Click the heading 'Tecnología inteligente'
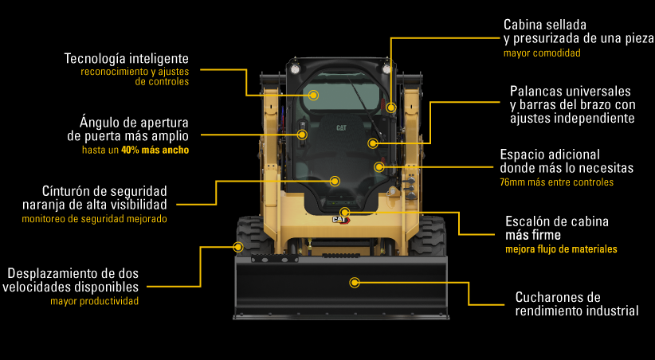pyautogui.click(x=126, y=59)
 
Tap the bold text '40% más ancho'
pyautogui.click(x=155, y=150)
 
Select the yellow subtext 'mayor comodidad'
pyautogui.click(x=542, y=53)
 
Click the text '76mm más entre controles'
pyautogui.click(x=557, y=182)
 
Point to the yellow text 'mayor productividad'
pyautogui.click(x=94, y=301)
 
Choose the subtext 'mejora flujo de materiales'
pyautogui.click(x=561, y=249)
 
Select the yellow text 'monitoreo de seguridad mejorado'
pyautogui.click(x=94, y=219)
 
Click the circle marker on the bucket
pyautogui.click(x=355, y=283)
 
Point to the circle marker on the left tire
pyautogui.click(x=238, y=247)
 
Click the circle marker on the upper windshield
pyautogui.click(x=314, y=96)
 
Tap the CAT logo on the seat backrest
pyautogui.click(x=341, y=127)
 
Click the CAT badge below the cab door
pyautogui.click(x=341, y=220)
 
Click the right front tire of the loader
pyautogui.click(x=428, y=236)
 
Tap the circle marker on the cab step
pyautogui.click(x=344, y=212)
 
